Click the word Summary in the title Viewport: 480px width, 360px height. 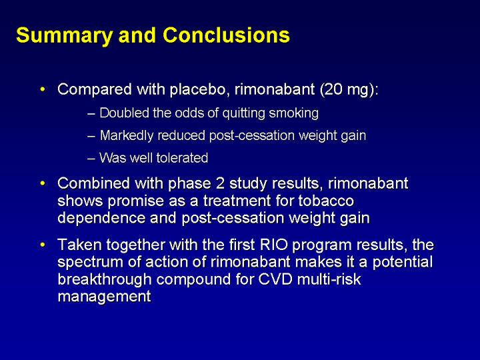pos(64,36)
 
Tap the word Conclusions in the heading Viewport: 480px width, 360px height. pos(226,35)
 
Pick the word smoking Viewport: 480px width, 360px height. pos(293,113)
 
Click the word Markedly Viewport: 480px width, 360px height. pos(127,136)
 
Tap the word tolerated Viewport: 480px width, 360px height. pos(182,158)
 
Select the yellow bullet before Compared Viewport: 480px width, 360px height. pos(43,90)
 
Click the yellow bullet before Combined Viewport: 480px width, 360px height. pos(43,183)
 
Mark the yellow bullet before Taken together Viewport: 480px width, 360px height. pos(43,245)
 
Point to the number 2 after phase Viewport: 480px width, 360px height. pos(221,183)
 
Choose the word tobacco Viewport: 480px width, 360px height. pos(326,201)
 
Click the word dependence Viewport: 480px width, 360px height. pos(101,218)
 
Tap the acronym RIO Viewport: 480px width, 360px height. pos(274,245)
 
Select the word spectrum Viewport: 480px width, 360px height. pos(91,263)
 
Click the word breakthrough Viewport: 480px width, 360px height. pos(105,280)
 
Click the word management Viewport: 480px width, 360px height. pos(105,297)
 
